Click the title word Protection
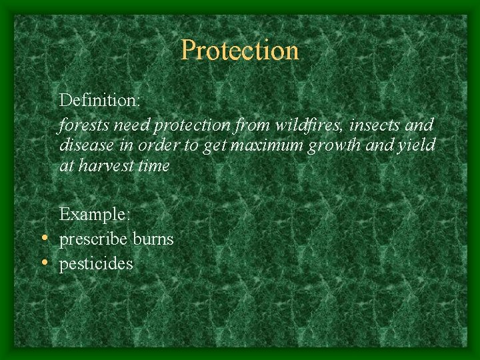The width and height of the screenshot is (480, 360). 240,50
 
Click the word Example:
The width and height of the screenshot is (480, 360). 95,215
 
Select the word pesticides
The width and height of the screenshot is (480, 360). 96,264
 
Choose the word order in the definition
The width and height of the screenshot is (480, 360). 152,145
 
